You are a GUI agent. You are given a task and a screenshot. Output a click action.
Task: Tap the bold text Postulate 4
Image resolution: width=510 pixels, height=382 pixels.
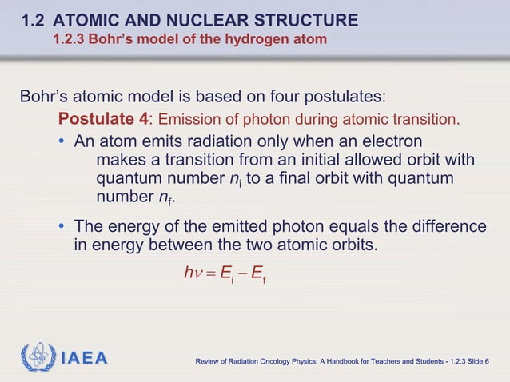pos(104,120)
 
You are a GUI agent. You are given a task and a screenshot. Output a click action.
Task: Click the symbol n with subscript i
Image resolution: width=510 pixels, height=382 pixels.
pos(234,179)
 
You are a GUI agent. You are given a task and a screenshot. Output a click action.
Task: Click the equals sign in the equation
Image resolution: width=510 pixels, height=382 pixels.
pos(211,274)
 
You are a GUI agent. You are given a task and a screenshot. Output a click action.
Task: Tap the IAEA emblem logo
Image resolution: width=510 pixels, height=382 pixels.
pos(38,357)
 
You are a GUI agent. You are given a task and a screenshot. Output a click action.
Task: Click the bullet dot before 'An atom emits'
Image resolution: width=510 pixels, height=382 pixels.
pos(63,142)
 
